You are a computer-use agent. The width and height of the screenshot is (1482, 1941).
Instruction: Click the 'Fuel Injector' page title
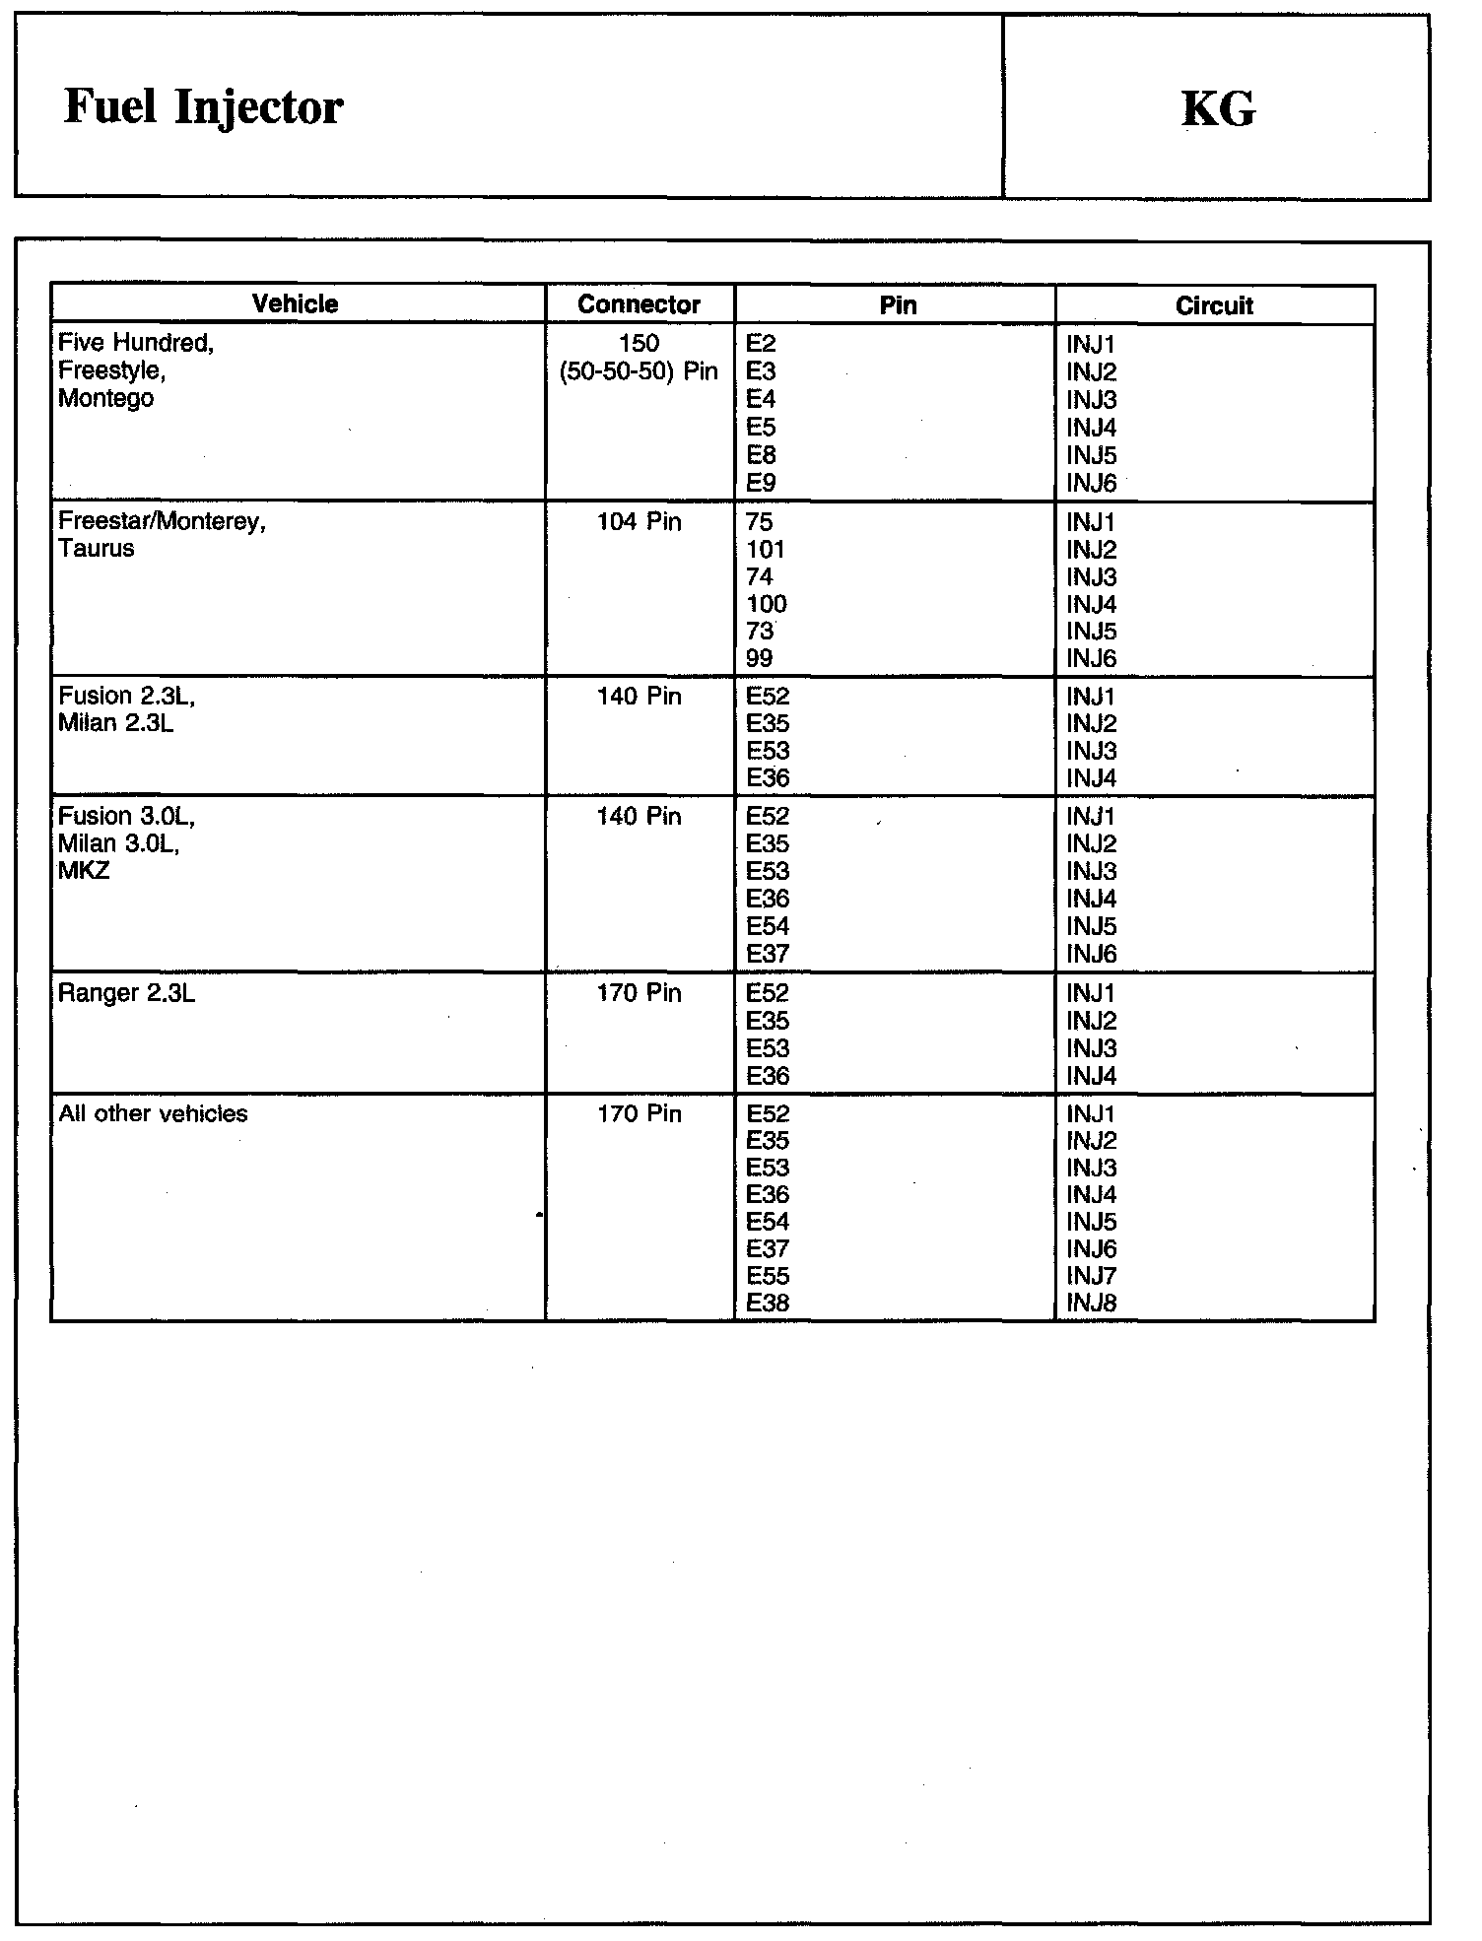[x=203, y=107]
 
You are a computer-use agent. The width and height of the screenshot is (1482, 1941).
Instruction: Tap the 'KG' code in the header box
[x=1218, y=109]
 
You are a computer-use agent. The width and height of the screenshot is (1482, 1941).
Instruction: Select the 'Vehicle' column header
[x=295, y=304]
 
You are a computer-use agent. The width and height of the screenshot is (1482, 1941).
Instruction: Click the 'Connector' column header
[x=639, y=304]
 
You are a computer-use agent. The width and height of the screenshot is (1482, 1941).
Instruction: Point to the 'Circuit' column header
[x=1214, y=305]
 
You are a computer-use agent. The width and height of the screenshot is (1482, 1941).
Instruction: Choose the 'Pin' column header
[x=898, y=304]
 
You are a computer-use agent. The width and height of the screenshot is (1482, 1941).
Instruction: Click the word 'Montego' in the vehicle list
[x=105, y=398]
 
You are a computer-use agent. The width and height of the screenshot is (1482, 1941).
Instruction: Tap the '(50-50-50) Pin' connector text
[x=639, y=371]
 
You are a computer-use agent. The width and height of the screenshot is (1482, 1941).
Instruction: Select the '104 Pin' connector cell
[x=639, y=521]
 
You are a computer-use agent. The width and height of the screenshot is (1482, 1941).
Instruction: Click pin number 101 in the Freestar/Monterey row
[x=766, y=550]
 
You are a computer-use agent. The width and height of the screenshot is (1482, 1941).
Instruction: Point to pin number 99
[x=760, y=658]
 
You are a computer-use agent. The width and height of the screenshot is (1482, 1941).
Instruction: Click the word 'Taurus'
[x=97, y=549]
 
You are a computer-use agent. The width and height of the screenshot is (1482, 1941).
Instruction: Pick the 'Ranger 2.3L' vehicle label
[x=127, y=993]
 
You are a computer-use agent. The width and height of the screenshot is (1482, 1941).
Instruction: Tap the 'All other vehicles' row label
[x=153, y=1113]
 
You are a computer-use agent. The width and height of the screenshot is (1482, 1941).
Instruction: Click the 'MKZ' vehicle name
[x=84, y=871]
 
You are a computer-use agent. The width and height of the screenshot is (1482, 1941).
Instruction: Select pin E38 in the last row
[x=768, y=1303]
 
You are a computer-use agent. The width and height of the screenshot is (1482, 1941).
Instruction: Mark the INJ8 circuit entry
[x=1091, y=1303]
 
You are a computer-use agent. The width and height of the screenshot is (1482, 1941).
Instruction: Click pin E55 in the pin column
[x=768, y=1276]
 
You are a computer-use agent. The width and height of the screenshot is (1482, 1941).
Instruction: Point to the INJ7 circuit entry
[x=1091, y=1276]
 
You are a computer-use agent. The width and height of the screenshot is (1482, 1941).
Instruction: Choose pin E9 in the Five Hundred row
[x=761, y=483]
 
